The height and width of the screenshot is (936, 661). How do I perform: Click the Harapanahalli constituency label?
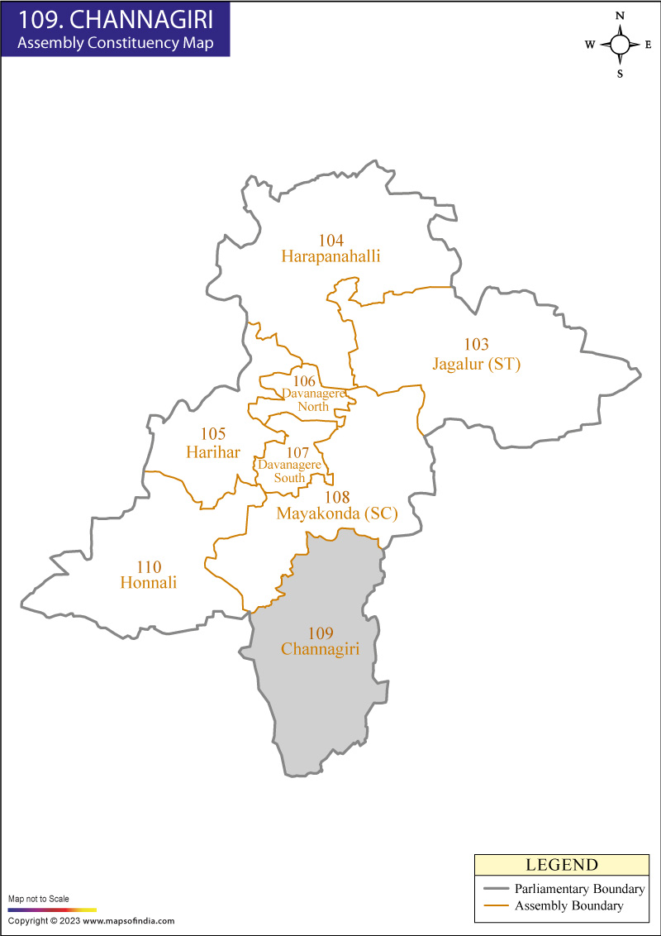coord(330,256)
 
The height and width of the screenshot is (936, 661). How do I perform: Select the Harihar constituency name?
coord(213,451)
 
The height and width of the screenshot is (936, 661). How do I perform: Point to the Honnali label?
coord(149,582)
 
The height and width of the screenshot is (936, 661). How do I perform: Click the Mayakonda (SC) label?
coord(337,513)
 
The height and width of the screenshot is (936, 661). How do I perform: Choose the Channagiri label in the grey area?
coord(320,649)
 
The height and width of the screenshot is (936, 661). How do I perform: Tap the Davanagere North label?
coord(313,399)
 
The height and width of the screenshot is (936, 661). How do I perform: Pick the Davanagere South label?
coord(288,471)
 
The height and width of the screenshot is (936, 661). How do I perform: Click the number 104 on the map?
coord(330,240)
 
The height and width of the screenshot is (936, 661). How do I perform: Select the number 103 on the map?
coord(477,345)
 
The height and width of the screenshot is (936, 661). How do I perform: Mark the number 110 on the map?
coord(149,566)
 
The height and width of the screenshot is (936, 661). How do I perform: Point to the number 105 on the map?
coord(213,434)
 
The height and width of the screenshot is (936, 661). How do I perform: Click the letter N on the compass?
coord(620,17)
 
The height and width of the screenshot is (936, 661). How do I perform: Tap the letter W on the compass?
coord(590,45)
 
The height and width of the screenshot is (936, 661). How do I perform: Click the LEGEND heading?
coord(562,866)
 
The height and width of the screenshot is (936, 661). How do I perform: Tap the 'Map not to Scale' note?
coord(39,899)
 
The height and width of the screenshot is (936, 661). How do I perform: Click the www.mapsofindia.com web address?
coord(128,920)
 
